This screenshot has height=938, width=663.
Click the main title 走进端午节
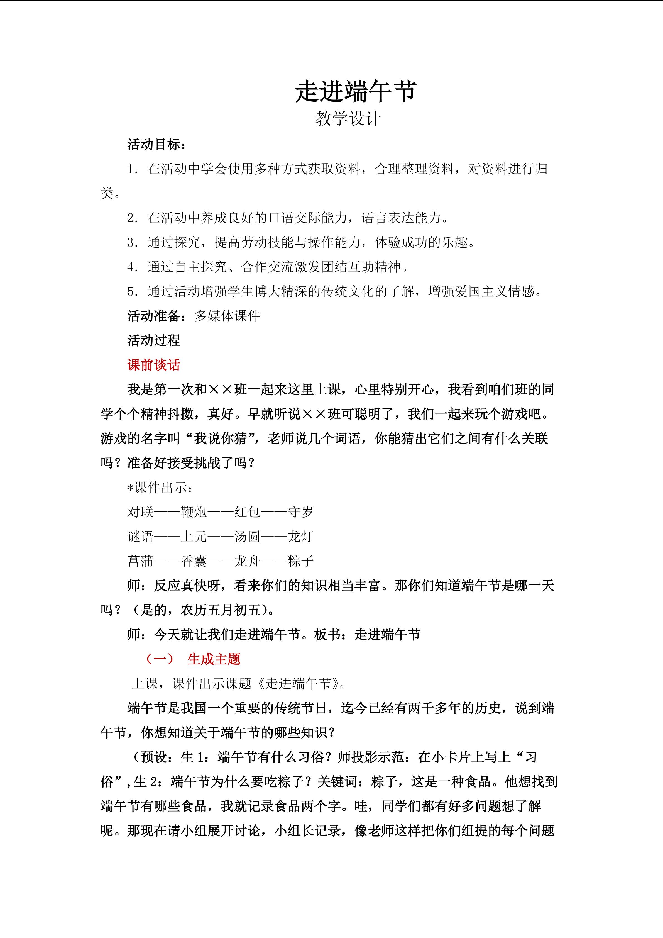click(x=356, y=91)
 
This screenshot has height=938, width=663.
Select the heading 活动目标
click(x=154, y=145)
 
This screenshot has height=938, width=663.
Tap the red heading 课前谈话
click(x=154, y=365)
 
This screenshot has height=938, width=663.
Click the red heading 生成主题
click(x=214, y=659)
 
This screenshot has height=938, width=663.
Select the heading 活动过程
click(x=154, y=340)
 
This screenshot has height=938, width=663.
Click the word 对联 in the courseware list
click(x=140, y=512)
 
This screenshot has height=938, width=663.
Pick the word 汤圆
click(x=247, y=536)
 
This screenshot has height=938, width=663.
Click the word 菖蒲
click(x=140, y=561)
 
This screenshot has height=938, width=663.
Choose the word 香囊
click(x=194, y=561)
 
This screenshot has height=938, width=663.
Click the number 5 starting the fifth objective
click(x=131, y=292)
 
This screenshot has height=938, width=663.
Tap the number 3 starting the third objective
click(x=131, y=243)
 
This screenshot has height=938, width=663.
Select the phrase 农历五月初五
click(x=221, y=610)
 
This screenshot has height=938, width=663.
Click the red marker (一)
click(x=160, y=659)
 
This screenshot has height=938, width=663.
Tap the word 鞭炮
click(x=194, y=512)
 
